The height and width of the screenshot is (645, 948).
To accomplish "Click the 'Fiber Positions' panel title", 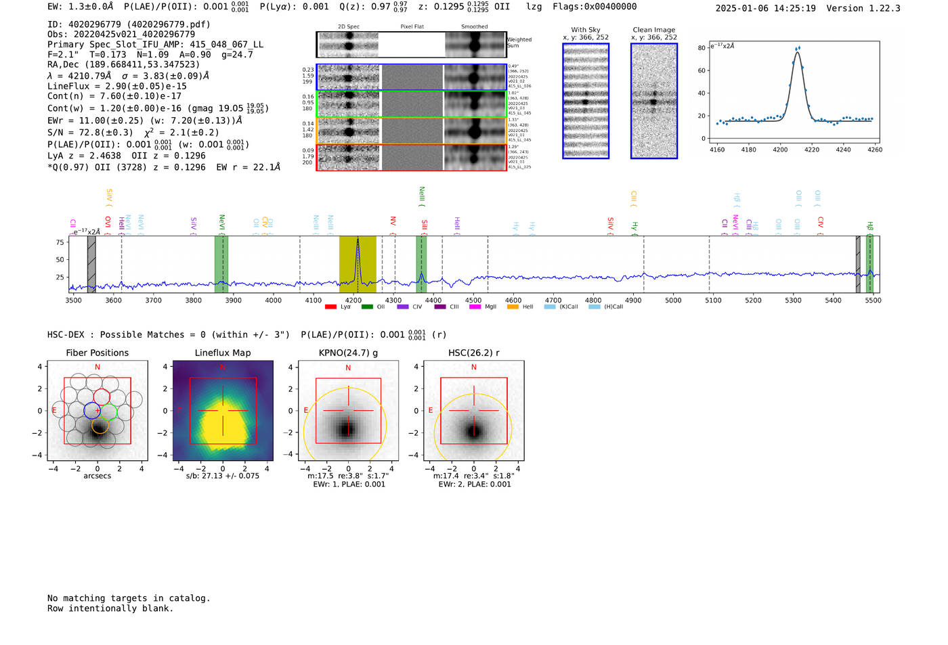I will click(97, 353).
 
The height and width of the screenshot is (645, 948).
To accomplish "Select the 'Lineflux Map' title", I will click(222, 353).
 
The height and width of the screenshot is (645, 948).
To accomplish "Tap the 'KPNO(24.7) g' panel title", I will click(348, 353).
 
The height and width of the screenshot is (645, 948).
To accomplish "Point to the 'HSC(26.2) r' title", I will click(473, 353).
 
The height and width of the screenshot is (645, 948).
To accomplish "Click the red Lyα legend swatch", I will click(330, 307).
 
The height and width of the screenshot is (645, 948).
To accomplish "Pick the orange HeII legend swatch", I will click(513, 307).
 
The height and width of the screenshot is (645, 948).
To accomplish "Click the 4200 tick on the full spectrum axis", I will click(353, 301).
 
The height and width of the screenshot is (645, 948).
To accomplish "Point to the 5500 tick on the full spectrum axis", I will click(873, 301).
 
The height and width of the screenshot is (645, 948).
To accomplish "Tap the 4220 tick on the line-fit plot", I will click(811, 150).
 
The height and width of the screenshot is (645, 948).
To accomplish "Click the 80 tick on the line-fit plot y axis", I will click(702, 48).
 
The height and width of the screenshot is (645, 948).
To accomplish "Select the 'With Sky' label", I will click(585, 30).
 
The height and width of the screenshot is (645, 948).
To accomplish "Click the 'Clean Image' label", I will click(653, 30).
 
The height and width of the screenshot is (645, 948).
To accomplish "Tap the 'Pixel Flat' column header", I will click(412, 26).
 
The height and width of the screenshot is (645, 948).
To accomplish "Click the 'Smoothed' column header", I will click(474, 26).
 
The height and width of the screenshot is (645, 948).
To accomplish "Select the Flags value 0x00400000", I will click(611, 7).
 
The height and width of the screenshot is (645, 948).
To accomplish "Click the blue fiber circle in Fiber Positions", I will click(92, 410).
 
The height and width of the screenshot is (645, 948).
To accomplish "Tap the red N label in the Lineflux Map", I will click(222, 368).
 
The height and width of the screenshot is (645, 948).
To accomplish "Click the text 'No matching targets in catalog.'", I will click(129, 598).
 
